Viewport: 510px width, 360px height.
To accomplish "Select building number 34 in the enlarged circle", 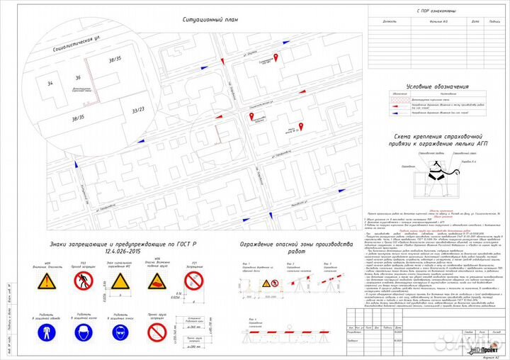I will click(50, 84).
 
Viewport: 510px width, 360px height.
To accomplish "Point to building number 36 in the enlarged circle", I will click(78, 77).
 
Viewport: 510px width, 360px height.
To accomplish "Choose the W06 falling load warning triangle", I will click(158, 283).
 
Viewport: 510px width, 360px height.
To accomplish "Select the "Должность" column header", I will click(390, 21).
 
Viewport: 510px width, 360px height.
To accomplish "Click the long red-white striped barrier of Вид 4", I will click(275, 332).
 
